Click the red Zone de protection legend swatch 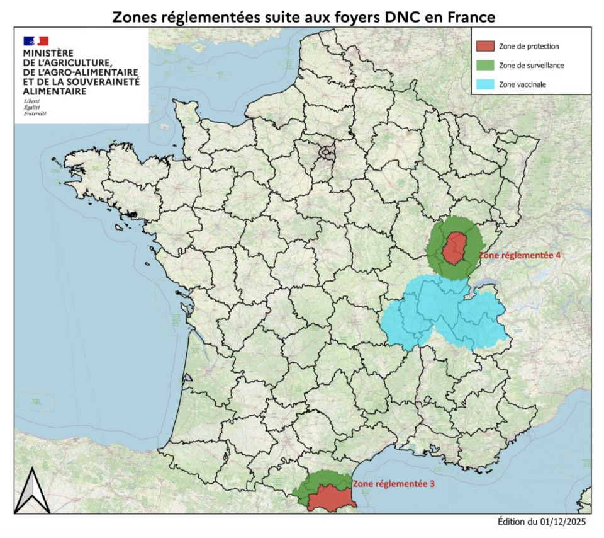click(486, 47)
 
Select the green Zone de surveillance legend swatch click(486, 65)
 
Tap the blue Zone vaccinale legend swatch click(486, 84)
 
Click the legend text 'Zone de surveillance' click(531, 65)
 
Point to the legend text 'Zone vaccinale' click(522, 84)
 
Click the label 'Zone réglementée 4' click(519, 256)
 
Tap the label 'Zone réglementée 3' click(393, 484)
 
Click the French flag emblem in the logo click(36, 41)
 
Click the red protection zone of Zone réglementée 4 click(453, 249)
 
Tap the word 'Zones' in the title click(133, 17)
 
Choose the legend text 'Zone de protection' click(528, 47)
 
